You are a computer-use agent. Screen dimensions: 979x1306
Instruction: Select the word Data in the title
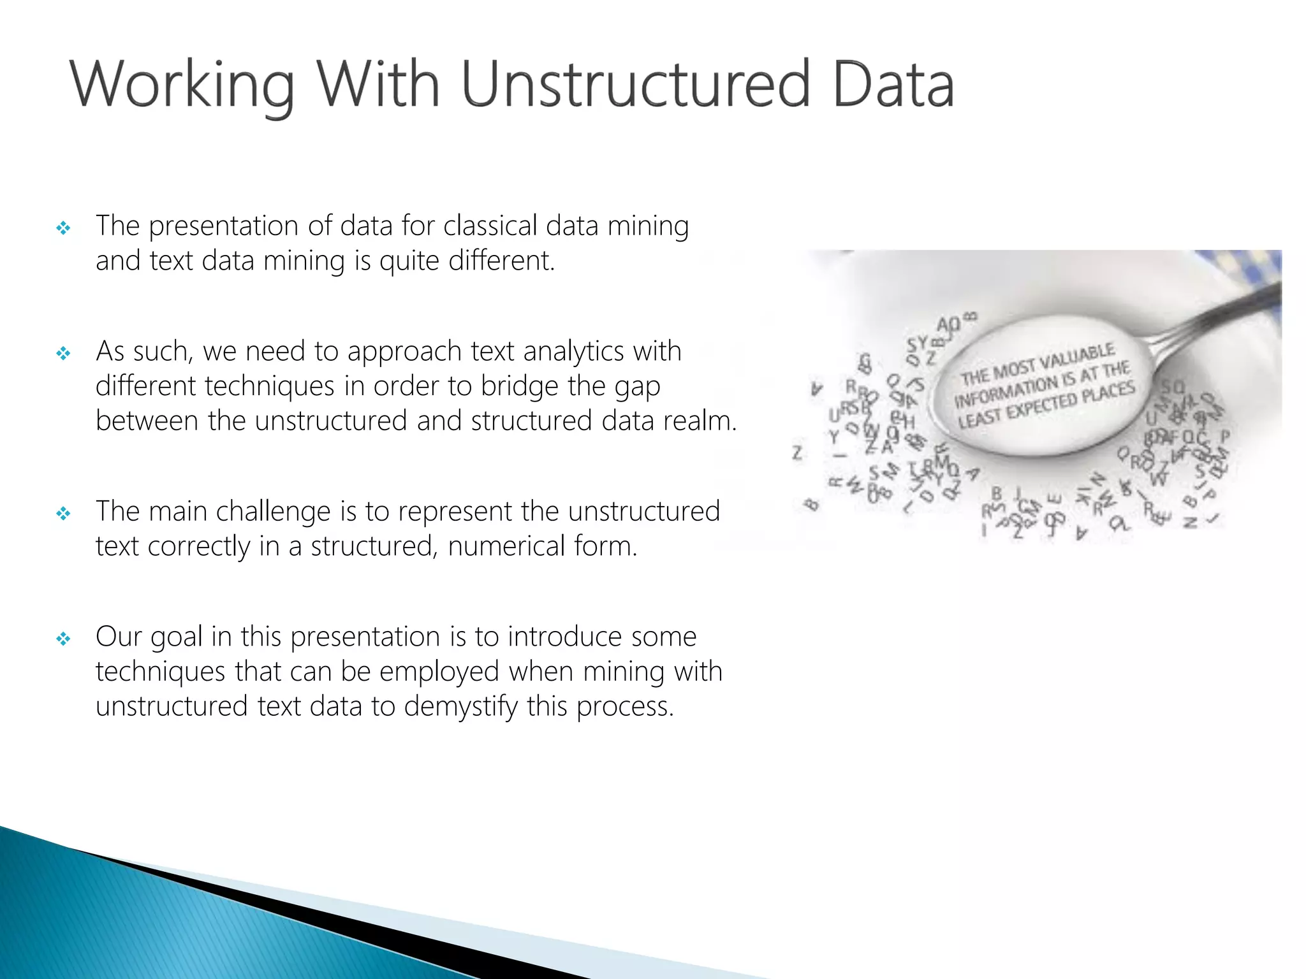[x=893, y=85]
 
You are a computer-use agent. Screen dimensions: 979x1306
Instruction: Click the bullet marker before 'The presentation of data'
[x=63, y=228]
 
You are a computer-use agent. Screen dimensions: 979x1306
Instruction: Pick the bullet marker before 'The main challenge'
[x=63, y=513]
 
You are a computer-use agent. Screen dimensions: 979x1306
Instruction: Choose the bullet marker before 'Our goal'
[x=63, y=639]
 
